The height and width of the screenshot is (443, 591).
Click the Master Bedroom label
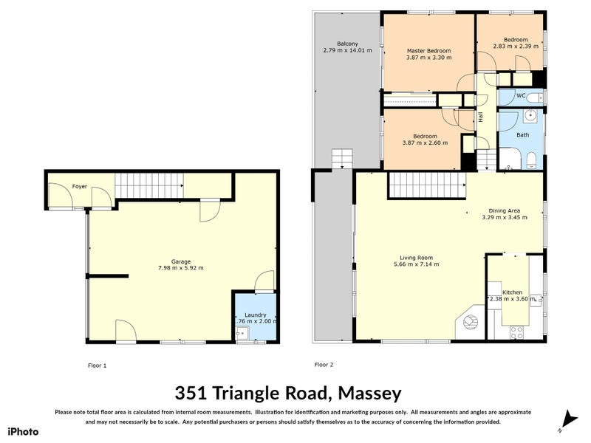(x=428, y=52)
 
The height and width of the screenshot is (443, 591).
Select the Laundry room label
(x=256, y=315)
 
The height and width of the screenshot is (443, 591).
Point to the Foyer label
(x=80, y=187)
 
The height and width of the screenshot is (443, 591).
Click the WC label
(x=520, y=96)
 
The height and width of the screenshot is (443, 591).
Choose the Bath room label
(x=522, y=135)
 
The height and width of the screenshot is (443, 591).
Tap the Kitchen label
(x=512, y=292)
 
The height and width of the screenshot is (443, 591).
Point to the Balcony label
(x=347, y=44)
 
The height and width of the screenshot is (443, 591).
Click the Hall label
(x=480, y=117)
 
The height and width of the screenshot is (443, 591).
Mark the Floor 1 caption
(x=97, y=365)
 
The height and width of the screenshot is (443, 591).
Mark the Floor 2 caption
(x=324, y=365)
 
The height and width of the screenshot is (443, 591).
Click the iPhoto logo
(x=22, y=431)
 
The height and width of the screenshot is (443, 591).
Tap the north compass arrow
(x=567, y=418)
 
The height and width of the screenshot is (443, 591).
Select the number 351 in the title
(x=192, y=391)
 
